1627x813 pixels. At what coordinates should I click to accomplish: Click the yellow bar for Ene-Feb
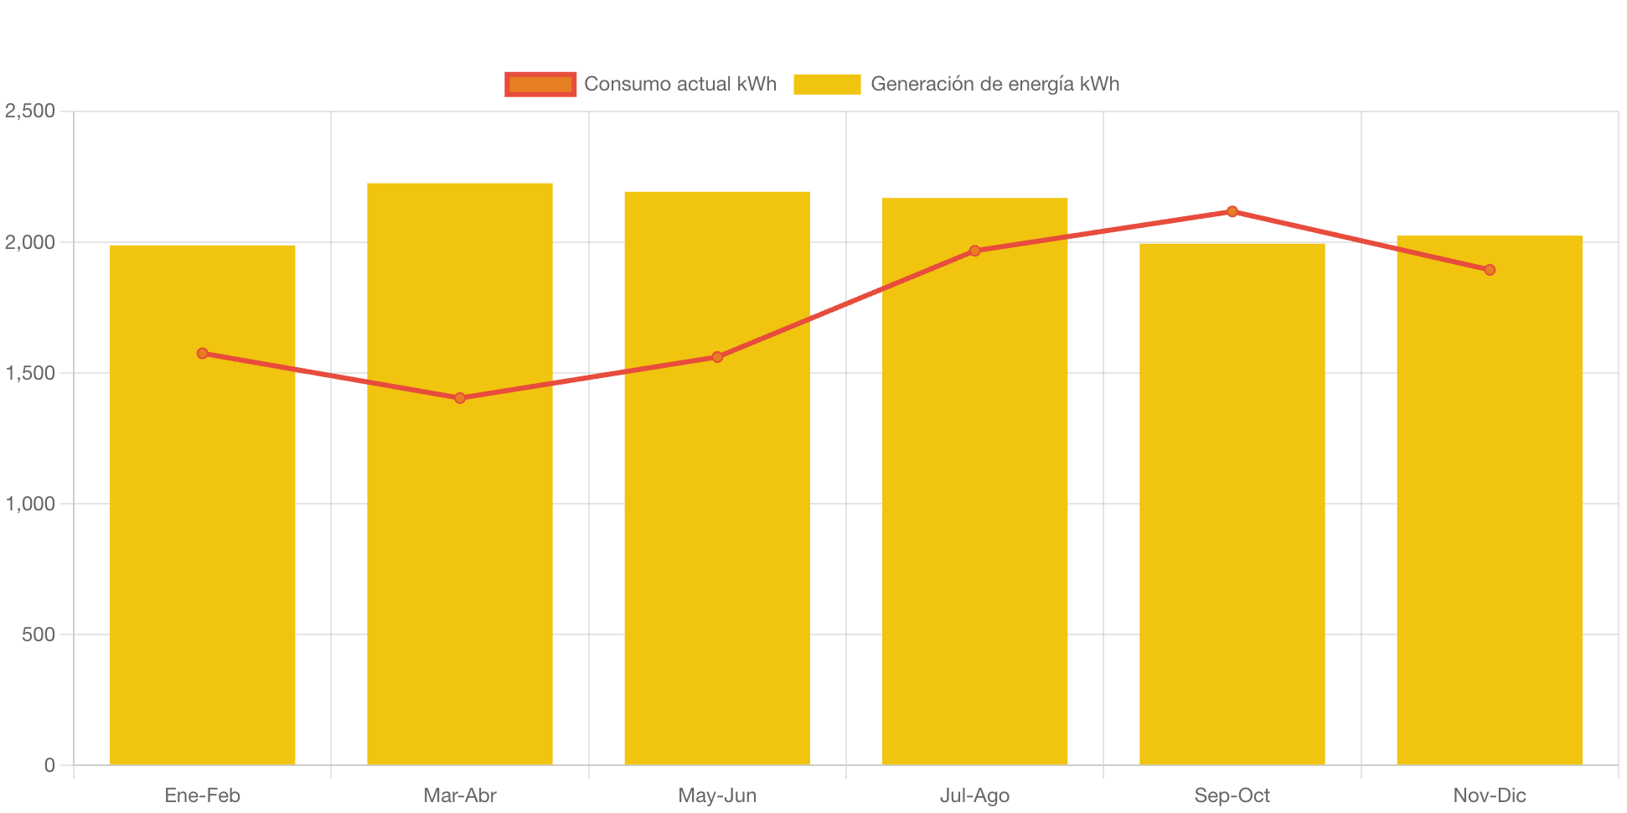[203, 545]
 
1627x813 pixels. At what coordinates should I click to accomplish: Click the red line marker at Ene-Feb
[203, 354]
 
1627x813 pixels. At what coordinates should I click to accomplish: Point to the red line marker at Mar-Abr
[460, 398]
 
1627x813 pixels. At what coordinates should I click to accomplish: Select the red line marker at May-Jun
[717, 357]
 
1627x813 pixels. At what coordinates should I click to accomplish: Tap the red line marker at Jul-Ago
[974, 251]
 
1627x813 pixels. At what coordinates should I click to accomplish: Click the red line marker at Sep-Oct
[1232, 211]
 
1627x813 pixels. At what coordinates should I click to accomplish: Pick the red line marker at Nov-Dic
[1490, 270]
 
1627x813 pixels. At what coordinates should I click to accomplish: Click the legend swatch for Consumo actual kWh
[540, 84]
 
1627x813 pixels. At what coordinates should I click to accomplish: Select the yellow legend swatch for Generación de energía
[827, 84]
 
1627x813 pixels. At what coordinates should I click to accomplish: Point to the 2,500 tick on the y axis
[30, 111]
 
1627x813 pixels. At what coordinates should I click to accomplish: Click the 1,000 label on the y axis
[30, 504]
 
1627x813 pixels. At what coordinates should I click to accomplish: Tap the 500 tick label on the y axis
[39, 634]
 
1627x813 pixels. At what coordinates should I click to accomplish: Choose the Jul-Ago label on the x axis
[974, 795]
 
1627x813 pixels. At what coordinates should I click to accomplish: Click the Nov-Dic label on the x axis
[1490, 795]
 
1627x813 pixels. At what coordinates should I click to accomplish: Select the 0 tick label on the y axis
[49, 765]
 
